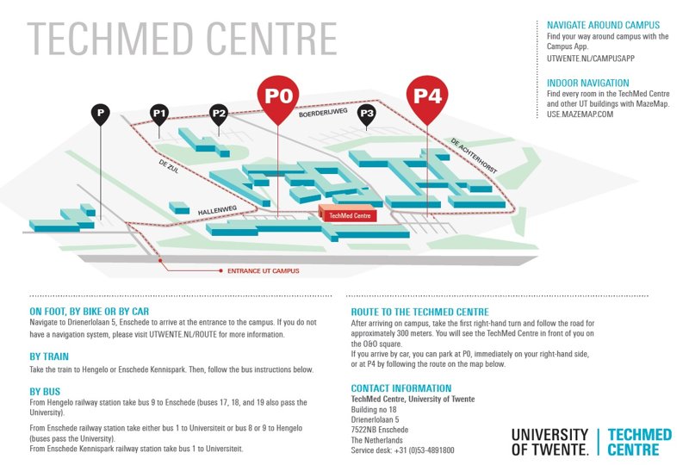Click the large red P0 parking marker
coord(279,96)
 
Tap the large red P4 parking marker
coord(427,95)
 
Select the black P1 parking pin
coord(159,113)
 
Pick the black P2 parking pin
coord(219,113)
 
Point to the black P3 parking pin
coord(367,113)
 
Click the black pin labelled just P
coord(101,113)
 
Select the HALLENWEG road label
coord(217,208)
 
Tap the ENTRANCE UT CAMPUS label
coord(263,270)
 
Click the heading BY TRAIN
coord(49,356)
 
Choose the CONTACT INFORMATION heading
coord(400,388)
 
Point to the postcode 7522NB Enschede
coord(380,430)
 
